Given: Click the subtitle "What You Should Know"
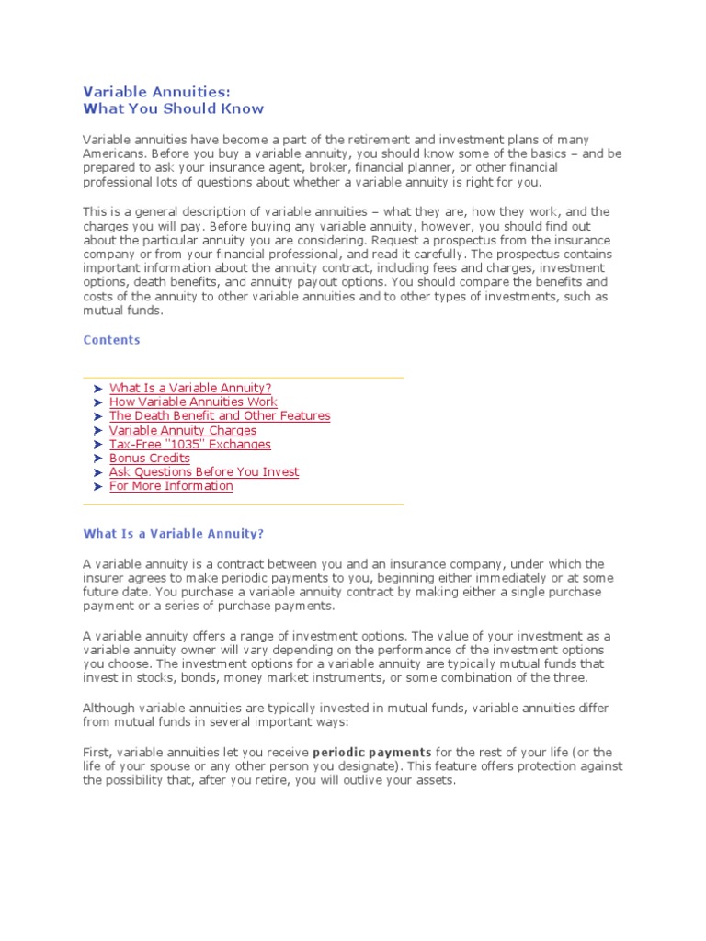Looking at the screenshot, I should point(174,108).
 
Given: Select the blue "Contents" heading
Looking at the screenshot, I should point(112,340).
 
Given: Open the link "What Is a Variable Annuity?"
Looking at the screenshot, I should point(190,389).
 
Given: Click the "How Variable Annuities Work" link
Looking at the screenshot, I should point(193,402).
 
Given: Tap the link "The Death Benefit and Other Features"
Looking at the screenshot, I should point(220,416).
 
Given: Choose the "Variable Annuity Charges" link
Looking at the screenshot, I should point(183,430).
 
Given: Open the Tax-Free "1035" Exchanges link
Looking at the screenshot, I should point(190,444).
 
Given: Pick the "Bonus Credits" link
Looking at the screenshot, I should point(150,458).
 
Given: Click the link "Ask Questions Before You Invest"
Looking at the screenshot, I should point(204,471).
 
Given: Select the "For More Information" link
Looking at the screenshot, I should point(171,485).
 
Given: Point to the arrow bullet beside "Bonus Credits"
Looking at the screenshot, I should point(97,459).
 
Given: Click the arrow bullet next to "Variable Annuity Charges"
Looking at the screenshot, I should point(97,431).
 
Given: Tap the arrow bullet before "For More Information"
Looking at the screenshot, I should point(97,486).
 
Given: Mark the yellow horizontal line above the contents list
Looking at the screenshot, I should point(244,377).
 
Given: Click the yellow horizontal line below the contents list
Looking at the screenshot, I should point(244,504).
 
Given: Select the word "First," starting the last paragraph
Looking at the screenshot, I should point(97,753).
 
